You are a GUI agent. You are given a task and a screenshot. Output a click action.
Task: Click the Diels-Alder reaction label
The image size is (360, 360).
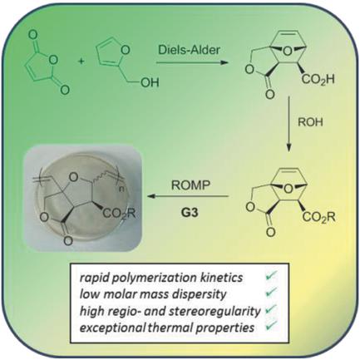190,50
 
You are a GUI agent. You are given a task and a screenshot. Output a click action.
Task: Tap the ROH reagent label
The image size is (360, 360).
310,122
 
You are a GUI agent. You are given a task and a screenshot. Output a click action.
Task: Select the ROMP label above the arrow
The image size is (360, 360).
190,185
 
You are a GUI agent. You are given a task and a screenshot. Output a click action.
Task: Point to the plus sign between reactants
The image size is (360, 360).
81,62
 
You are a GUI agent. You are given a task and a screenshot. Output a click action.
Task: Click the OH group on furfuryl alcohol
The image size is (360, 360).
150,82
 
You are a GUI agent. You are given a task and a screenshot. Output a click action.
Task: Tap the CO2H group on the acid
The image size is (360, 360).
318,80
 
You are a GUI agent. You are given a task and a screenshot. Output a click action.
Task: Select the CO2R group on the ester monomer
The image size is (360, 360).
318,217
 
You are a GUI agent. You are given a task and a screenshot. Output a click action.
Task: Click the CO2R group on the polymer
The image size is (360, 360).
119,214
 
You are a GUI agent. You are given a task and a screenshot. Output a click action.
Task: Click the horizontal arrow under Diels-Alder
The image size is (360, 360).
192,62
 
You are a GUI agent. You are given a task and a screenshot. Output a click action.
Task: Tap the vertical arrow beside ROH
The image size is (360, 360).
289,124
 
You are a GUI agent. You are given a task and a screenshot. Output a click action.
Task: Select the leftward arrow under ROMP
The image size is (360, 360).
188,196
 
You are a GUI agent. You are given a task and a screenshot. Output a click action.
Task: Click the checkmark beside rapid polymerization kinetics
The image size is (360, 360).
271,276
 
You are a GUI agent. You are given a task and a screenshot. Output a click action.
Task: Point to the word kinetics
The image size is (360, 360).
222,278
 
